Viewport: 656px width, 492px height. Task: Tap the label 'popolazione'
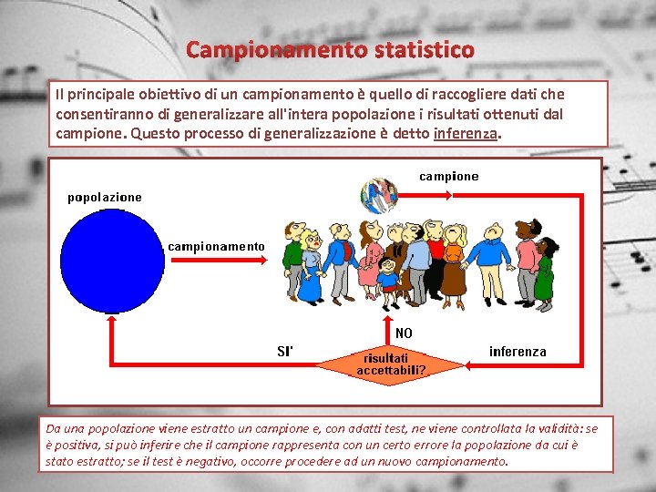pos(105,197)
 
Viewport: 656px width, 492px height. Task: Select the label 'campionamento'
pos(216,246)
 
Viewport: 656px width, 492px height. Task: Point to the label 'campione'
pos(448,176)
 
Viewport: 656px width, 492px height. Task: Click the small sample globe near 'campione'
pos(379,195)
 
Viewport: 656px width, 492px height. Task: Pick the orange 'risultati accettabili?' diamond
pos(391,364)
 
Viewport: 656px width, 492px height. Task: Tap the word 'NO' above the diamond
pos(404,333)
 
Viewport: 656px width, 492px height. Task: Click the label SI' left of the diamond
pos(284,351)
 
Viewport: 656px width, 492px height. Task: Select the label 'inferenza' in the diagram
pos(518,351)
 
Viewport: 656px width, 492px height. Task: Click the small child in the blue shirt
pos(389,274)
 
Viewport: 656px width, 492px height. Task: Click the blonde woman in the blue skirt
pos(311,269)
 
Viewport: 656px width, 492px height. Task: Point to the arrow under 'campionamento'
pos(216,260)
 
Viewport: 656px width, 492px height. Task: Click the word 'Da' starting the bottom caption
pos(54,428)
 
